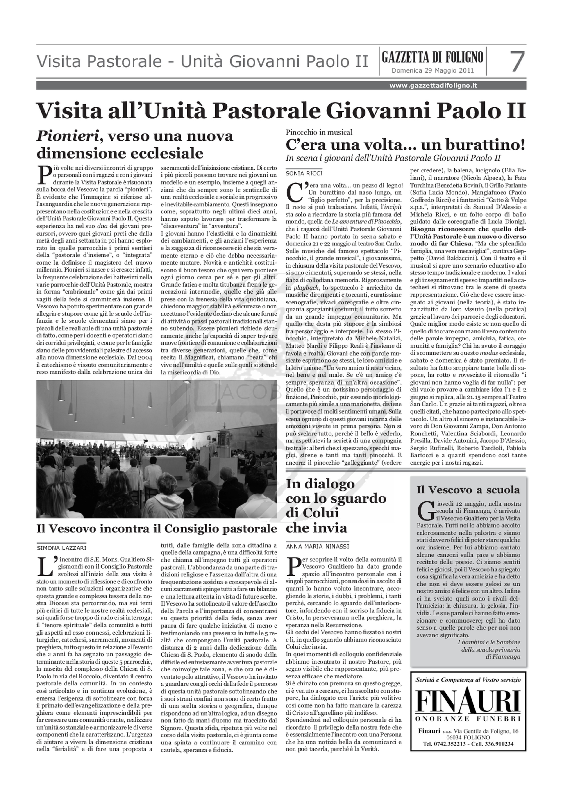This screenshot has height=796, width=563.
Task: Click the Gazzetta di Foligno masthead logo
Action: coord(432,57)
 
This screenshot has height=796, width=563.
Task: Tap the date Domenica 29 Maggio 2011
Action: coord(432,71)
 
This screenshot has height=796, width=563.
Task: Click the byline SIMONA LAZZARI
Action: coord(62,548)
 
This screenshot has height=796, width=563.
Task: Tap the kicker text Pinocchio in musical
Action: coord(319,132)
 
